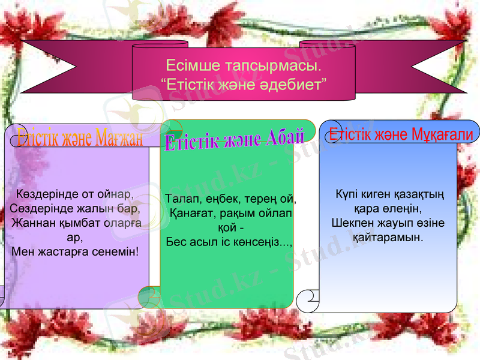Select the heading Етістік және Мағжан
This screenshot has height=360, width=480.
tap(80, 139)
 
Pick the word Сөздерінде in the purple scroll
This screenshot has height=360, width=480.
tap(37, 209)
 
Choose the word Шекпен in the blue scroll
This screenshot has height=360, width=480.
tap(352, 223)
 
